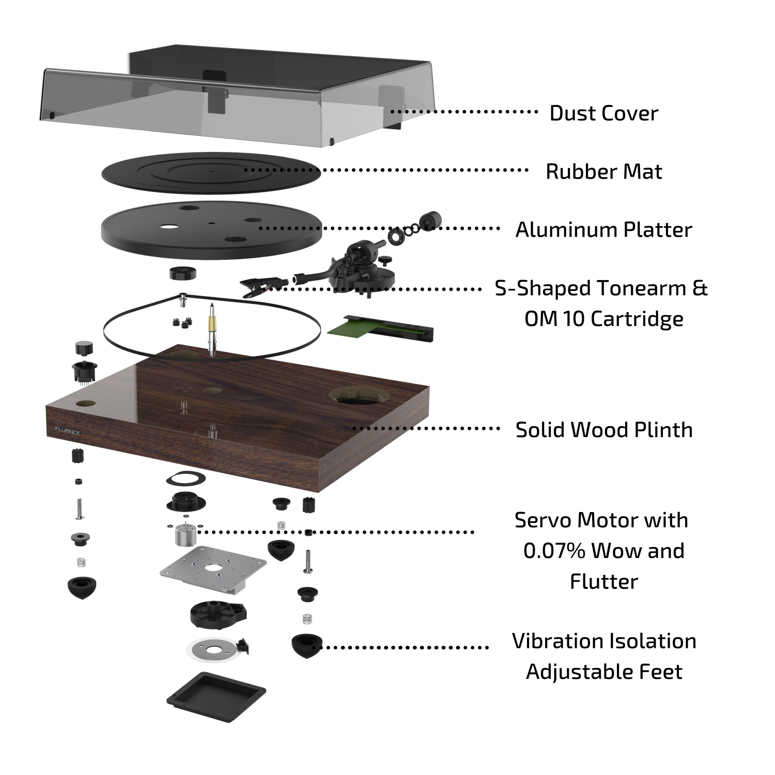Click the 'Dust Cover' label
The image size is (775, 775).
click(603, 113)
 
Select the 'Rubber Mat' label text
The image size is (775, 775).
click(603, 172)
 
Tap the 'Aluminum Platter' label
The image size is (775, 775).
click(603, 230)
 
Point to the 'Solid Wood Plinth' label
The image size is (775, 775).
click(603, 430)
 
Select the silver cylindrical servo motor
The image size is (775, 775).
click(183, 535)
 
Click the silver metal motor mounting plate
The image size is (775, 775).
click(212, 568)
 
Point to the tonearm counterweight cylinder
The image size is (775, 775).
click(430, 221)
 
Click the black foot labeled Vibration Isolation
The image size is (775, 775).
click(306, 646)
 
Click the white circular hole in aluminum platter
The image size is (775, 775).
click(168, 226)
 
